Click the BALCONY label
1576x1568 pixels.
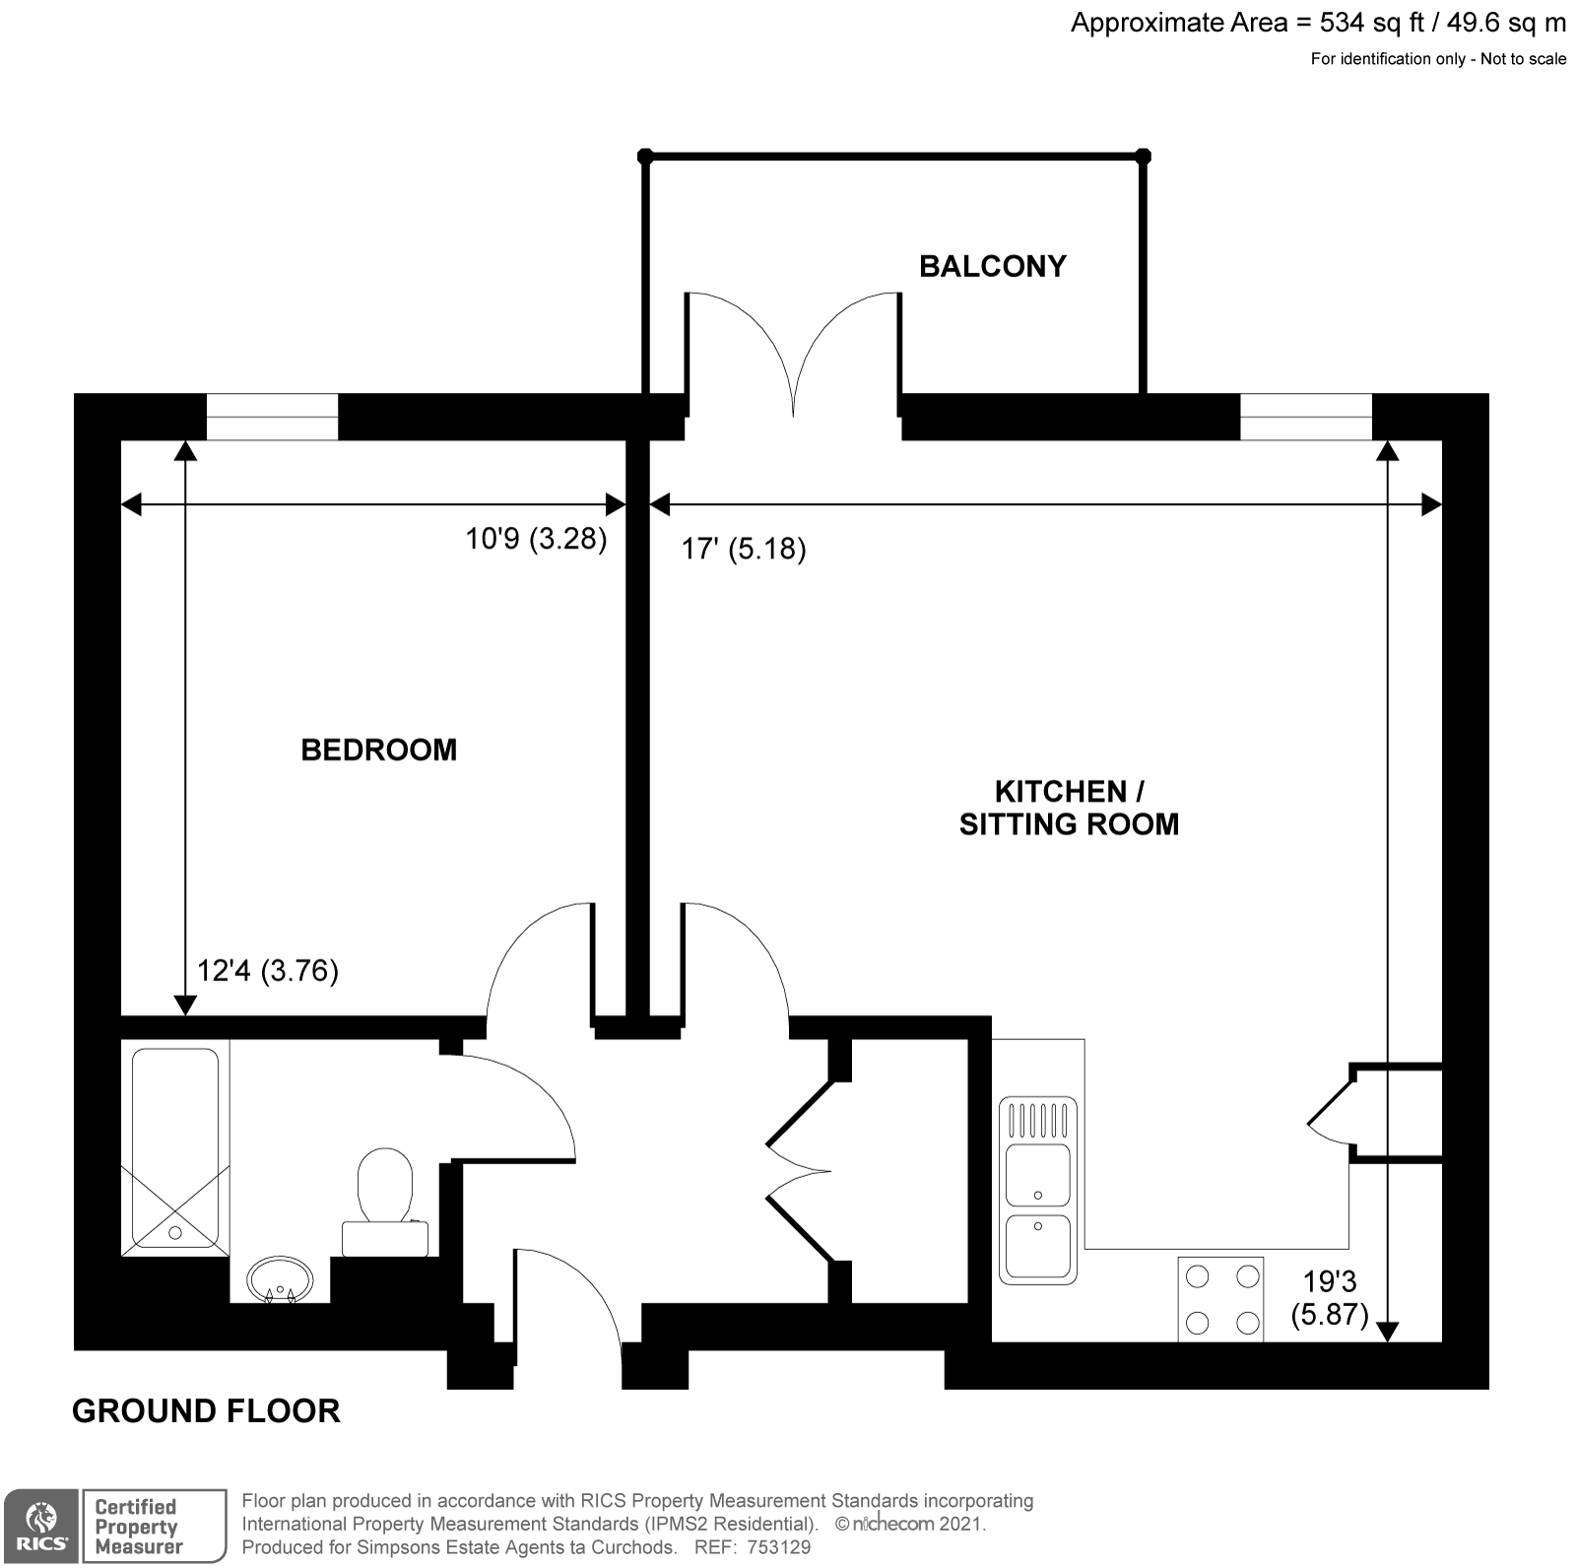[x=992, y=266]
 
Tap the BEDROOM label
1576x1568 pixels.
[x=378, y=750]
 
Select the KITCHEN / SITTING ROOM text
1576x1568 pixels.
[x=1069, y=808]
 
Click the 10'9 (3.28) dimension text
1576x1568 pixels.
[x=536, y=539]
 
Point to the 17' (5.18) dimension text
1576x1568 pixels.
[x=744, y=549]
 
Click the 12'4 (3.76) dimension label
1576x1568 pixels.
[x=268, y=971]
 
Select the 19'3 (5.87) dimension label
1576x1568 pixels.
[x=1330, y=1297]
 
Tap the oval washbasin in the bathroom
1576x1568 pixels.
[x=280, y=1280]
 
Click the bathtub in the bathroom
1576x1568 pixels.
[x=175, y=1147]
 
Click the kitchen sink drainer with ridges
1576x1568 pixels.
[x=1038, y=1120]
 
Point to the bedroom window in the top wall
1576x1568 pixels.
[x=272, y=417]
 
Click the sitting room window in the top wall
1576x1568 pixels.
[x=1305, y=417]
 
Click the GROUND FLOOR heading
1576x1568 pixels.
[x=206, y=1411]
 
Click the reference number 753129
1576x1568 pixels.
[x=779, y=1547]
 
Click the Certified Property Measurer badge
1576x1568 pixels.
[x=153, y=1526]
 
